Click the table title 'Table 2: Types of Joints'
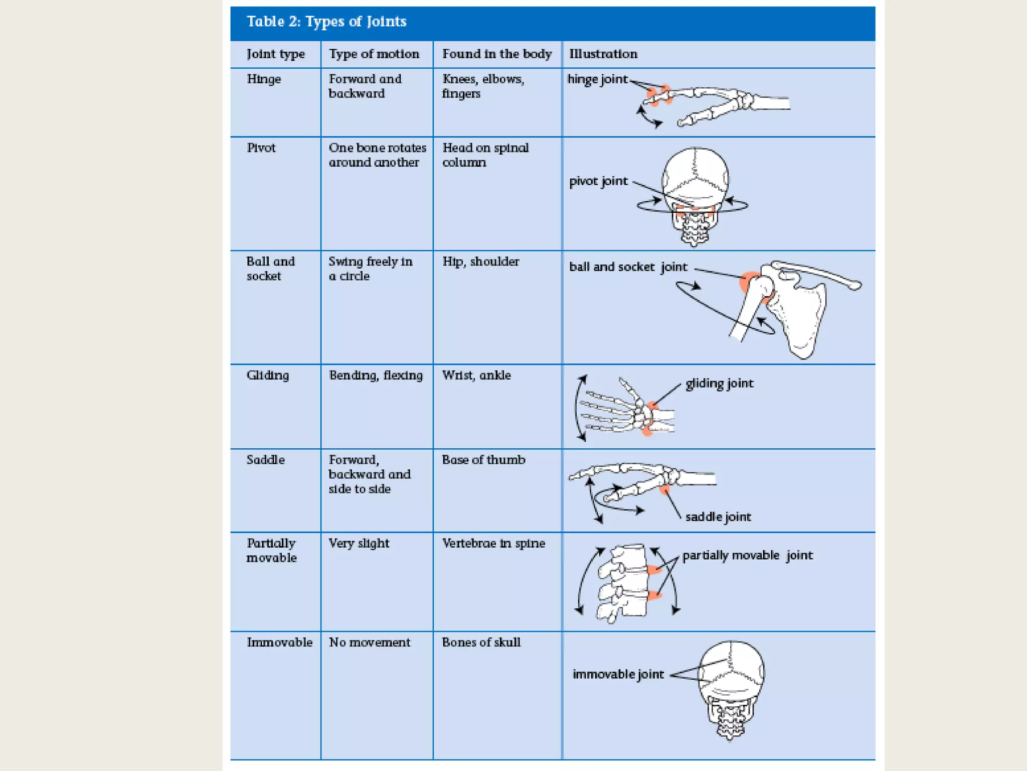(x=326, y=22)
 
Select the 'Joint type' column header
(x=275, y=54)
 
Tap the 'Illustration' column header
(x=603, y=54)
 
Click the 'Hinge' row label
(x=264, y=79)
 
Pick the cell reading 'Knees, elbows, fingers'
(x=482, y=86)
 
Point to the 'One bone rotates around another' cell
(x=377, y=155)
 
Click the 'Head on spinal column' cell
(x=485, y=155)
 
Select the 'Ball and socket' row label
(x=270, y=269)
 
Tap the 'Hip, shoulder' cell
(x=480, y=262)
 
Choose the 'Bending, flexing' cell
(x=376, y=375)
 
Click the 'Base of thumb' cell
(x=483, y=460)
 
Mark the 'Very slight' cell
(x=359, y=543)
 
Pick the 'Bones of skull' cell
(x=481, y=642)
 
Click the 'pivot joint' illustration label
(x=598, y=181)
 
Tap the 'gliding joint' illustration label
(x=719, y=383)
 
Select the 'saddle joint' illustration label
(x=718, y=517)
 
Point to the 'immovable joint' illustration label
(x=618, y=674)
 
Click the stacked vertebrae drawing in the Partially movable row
(x=624, y=582)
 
